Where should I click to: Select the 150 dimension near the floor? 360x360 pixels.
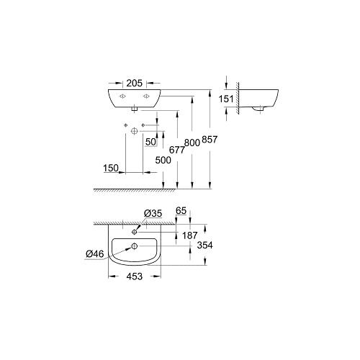pos(110,168)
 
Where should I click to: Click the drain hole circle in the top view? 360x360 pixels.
pos(133,248)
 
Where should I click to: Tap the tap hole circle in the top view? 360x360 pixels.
pos(134,233)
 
